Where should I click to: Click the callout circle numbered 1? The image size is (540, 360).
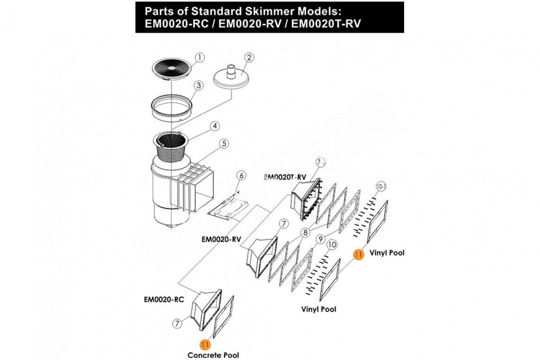[200, 57]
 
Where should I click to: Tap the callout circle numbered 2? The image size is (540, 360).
[249, 57]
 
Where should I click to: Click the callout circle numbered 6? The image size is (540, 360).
[241, 175]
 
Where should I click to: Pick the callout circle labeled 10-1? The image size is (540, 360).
[381, 185]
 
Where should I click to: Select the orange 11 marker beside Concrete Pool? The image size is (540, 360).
[205, 344]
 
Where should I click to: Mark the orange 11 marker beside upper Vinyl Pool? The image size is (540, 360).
[358, 254]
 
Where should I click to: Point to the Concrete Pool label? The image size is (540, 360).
[213, 355]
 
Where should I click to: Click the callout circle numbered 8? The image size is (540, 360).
[306, 233]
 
